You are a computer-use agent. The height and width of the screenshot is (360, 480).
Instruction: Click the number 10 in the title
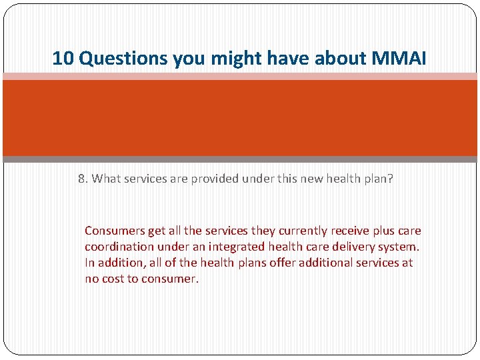[63, 59]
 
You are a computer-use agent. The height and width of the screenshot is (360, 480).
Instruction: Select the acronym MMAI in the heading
[399, 59]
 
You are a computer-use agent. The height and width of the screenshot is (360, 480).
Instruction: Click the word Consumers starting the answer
[115, 231]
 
